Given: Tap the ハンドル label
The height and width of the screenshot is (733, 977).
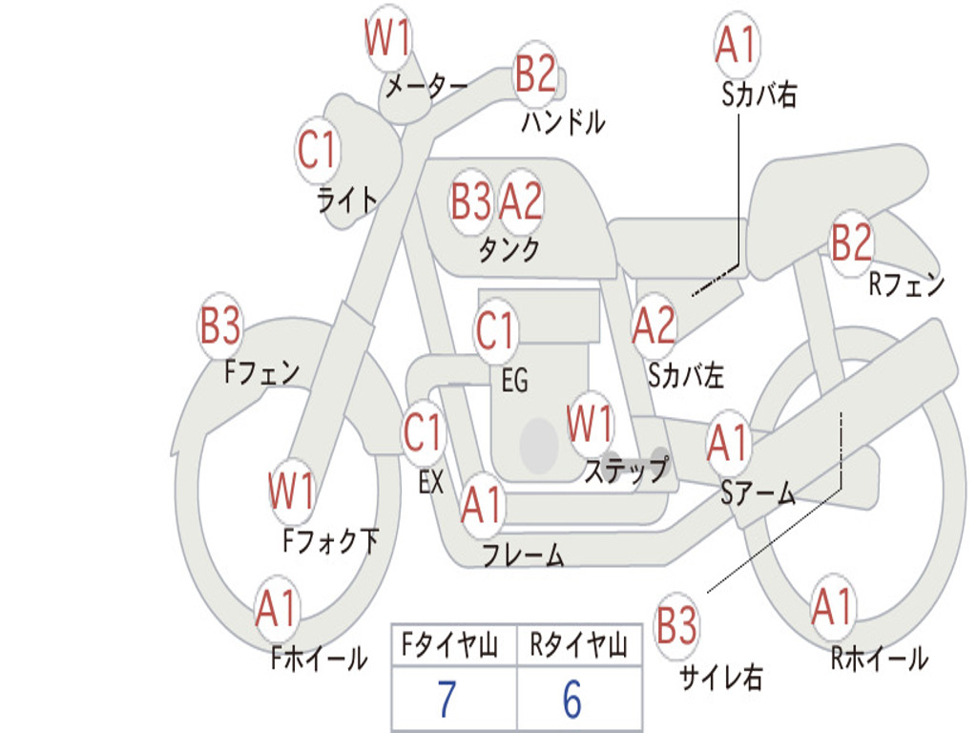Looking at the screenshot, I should (x=563, y=122).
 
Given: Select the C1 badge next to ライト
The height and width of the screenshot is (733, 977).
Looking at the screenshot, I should (x=319, y=151).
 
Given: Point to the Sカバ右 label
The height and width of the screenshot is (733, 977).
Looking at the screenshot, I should (x=759, y=94).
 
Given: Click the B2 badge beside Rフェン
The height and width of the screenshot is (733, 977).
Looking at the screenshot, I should (x=852, y=243).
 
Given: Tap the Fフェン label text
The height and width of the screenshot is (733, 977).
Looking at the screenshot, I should (x=262, y=371).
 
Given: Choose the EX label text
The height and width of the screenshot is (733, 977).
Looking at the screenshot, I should (x=430, y=482).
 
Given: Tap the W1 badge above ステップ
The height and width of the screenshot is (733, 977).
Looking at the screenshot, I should (x=591, y=424).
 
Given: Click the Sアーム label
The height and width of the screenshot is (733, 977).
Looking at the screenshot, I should (x=758, y=493).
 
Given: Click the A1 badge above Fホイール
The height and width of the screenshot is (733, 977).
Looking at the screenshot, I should (x=277, y=609).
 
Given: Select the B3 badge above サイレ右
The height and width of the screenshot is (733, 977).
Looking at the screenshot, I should (x=676, y=626).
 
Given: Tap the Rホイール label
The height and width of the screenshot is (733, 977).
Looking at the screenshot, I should (x=879, y=659).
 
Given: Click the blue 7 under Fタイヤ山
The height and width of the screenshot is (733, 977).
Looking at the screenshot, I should (x=447, y=700).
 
